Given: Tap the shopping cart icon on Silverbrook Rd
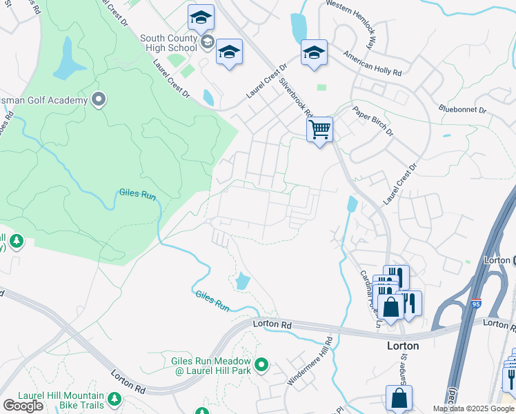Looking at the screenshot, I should [x=319, y=129].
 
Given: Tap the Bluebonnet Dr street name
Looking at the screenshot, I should [x=462, y=110].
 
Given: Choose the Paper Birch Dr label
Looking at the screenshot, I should [x=373, y=121].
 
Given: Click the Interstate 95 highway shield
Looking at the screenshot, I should [x=476, y=301].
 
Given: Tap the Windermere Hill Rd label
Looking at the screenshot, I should [x=329, y=359].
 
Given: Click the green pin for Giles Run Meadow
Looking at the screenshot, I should [x=261, y=364].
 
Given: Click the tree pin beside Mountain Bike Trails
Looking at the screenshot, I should [x=114, y=399].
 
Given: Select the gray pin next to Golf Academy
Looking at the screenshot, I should [x=98, y=101].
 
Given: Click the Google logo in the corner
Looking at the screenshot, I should [x=23, y=405].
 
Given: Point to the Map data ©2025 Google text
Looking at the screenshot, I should [x=473, y=408].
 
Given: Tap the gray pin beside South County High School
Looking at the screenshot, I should [x=207, y=43].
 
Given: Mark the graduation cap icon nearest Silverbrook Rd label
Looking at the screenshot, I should [x=313, y=53].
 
